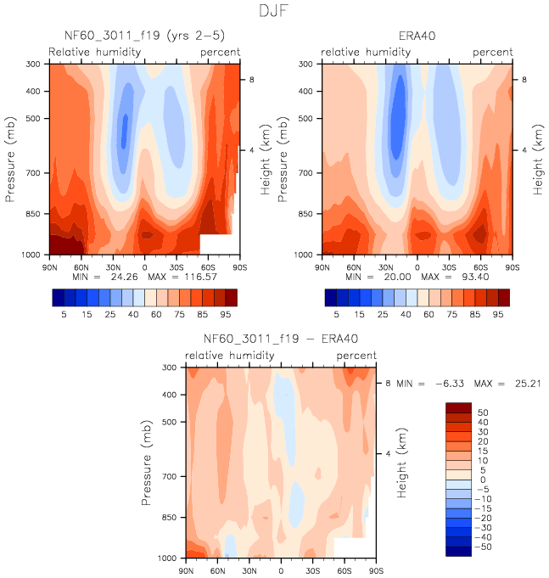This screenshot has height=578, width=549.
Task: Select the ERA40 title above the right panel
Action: [417, 36]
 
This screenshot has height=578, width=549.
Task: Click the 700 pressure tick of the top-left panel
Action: [35, 173]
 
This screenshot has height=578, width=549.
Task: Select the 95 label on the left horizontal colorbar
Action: [230, 313]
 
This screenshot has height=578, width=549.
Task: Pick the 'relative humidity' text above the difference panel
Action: [230, 356]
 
